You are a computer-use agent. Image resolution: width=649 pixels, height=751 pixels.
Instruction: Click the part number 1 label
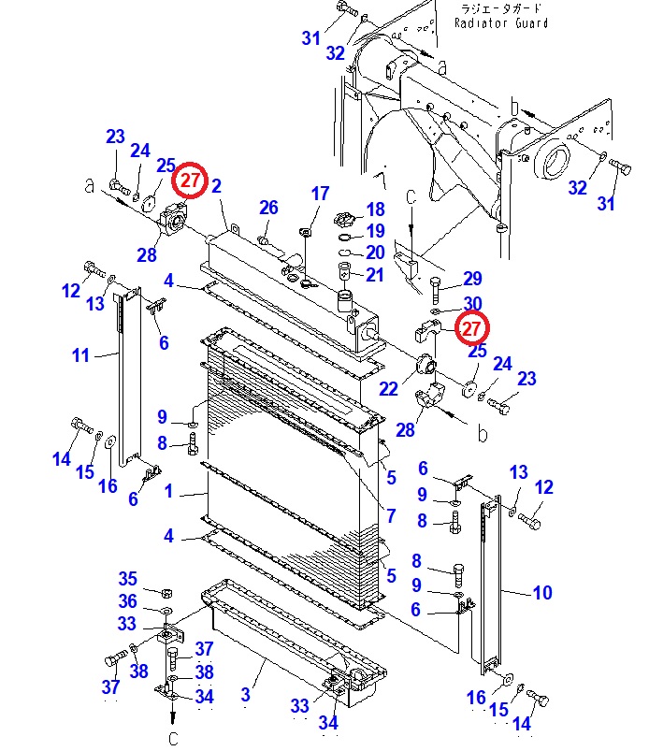point(169,491)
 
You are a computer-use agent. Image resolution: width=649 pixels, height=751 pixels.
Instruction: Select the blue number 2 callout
point(216,186)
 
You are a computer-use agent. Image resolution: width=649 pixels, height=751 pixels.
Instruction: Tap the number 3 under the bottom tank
point(245,695)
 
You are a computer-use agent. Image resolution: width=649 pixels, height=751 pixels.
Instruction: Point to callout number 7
point(390,514)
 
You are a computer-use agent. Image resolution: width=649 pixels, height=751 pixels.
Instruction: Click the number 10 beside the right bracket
point(542,592)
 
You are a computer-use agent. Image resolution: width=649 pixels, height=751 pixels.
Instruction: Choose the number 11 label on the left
point(80,355)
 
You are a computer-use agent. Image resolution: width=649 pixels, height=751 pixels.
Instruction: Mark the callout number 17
point(320,194)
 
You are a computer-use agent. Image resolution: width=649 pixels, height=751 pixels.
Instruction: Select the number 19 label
point(375,231)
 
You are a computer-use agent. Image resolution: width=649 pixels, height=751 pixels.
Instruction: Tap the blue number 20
point(375,253)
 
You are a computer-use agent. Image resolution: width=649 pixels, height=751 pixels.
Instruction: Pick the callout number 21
point(375,275)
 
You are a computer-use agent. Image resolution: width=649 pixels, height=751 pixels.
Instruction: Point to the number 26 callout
point(268,207)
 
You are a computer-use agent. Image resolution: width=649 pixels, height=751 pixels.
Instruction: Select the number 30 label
point(472,302)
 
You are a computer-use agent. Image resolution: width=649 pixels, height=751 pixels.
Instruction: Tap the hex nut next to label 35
point(166,592)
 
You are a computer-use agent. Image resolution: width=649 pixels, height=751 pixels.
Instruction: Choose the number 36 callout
point(127,601)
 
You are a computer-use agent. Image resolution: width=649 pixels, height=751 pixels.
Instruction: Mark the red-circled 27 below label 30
point(471,328)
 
